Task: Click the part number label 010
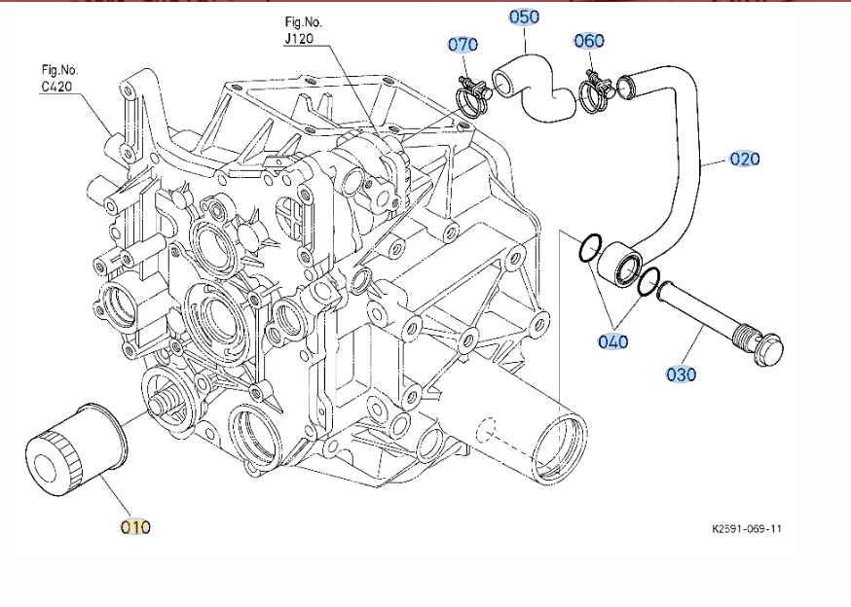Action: (x=135, y=527)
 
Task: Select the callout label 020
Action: (x=745, y=159)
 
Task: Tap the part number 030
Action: (x=682, y=374)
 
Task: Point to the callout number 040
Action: (x=613, y=341)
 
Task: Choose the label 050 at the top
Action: (x=524, y=17)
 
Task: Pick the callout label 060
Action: (x=589, y=40)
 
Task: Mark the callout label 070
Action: (x=462, y=44)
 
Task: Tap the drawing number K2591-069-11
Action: (x=747, y=529)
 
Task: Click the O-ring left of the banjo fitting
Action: (x=587, y=249)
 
